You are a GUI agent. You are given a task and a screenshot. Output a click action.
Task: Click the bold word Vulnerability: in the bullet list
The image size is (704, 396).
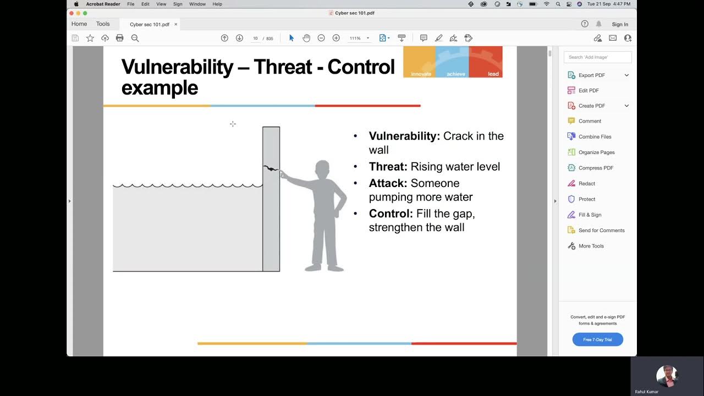[x=404, y=136]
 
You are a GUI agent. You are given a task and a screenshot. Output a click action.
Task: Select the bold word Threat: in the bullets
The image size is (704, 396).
[x=388, y=167]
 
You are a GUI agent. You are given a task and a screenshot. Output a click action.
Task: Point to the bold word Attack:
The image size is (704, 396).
[x=388, y=183]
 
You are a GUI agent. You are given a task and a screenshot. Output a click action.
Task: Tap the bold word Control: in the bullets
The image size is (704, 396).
[x=391, y=213]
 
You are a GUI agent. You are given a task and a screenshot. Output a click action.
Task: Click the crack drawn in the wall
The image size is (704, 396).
[x=271, y=168]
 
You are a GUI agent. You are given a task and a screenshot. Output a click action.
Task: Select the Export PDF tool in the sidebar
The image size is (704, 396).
[x=591, y=75]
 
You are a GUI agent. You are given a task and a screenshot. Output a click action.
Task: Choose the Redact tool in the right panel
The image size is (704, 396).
[x=586, y=184]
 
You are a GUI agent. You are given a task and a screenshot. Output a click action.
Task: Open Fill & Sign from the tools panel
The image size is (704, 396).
[x=590, y=215]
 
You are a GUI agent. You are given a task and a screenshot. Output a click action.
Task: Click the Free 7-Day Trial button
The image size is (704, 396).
[x=597, y=339]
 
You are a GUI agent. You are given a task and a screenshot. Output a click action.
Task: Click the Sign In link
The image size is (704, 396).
[x=620, y=24]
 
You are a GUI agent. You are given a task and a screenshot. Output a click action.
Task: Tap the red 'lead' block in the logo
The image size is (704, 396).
[x=486, y=62]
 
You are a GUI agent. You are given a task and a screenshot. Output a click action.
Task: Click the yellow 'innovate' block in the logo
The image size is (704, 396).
[x=420, y=62]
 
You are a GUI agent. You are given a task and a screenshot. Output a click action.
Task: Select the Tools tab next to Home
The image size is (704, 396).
[x=103, y=24]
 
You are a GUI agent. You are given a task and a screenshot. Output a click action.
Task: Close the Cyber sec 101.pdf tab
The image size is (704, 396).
[x=176, y=24]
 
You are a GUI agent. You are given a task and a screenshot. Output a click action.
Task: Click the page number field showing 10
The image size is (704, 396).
[x=255, y=38]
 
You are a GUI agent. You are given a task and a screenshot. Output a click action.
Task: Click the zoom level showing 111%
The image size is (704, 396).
[x=355, y=38]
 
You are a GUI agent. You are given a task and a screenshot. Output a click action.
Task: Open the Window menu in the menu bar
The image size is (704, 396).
[x=197, y=4]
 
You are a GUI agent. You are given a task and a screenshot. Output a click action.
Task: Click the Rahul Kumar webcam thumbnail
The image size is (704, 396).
[x=667, y=376]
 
